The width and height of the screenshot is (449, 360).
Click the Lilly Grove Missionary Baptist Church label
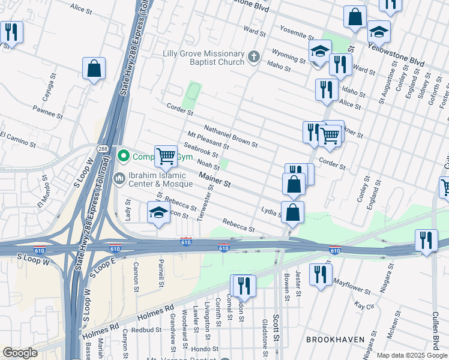click(x=203, y=58)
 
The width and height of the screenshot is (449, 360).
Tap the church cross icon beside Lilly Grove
click(x=254, y=58)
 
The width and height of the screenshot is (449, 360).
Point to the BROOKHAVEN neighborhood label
click(x=336, y=340)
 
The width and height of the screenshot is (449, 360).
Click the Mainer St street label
click(x=215, y=181)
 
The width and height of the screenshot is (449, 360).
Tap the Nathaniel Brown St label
click(x=231, y=136)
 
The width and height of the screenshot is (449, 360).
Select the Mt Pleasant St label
click(x=208, y=141)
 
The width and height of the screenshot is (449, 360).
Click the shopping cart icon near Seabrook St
click(x=166, y=156)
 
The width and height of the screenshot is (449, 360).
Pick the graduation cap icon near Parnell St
click(x=158, y=212)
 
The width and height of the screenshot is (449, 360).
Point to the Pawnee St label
click(x=48, y=112)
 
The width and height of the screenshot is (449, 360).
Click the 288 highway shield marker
click(x=103, y=148)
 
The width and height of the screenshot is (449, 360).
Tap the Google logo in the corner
click(x=20, y=353)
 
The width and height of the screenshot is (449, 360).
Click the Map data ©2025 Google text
click(x=411, y=355)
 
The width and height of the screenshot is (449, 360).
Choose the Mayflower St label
click(x=352, y=286)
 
